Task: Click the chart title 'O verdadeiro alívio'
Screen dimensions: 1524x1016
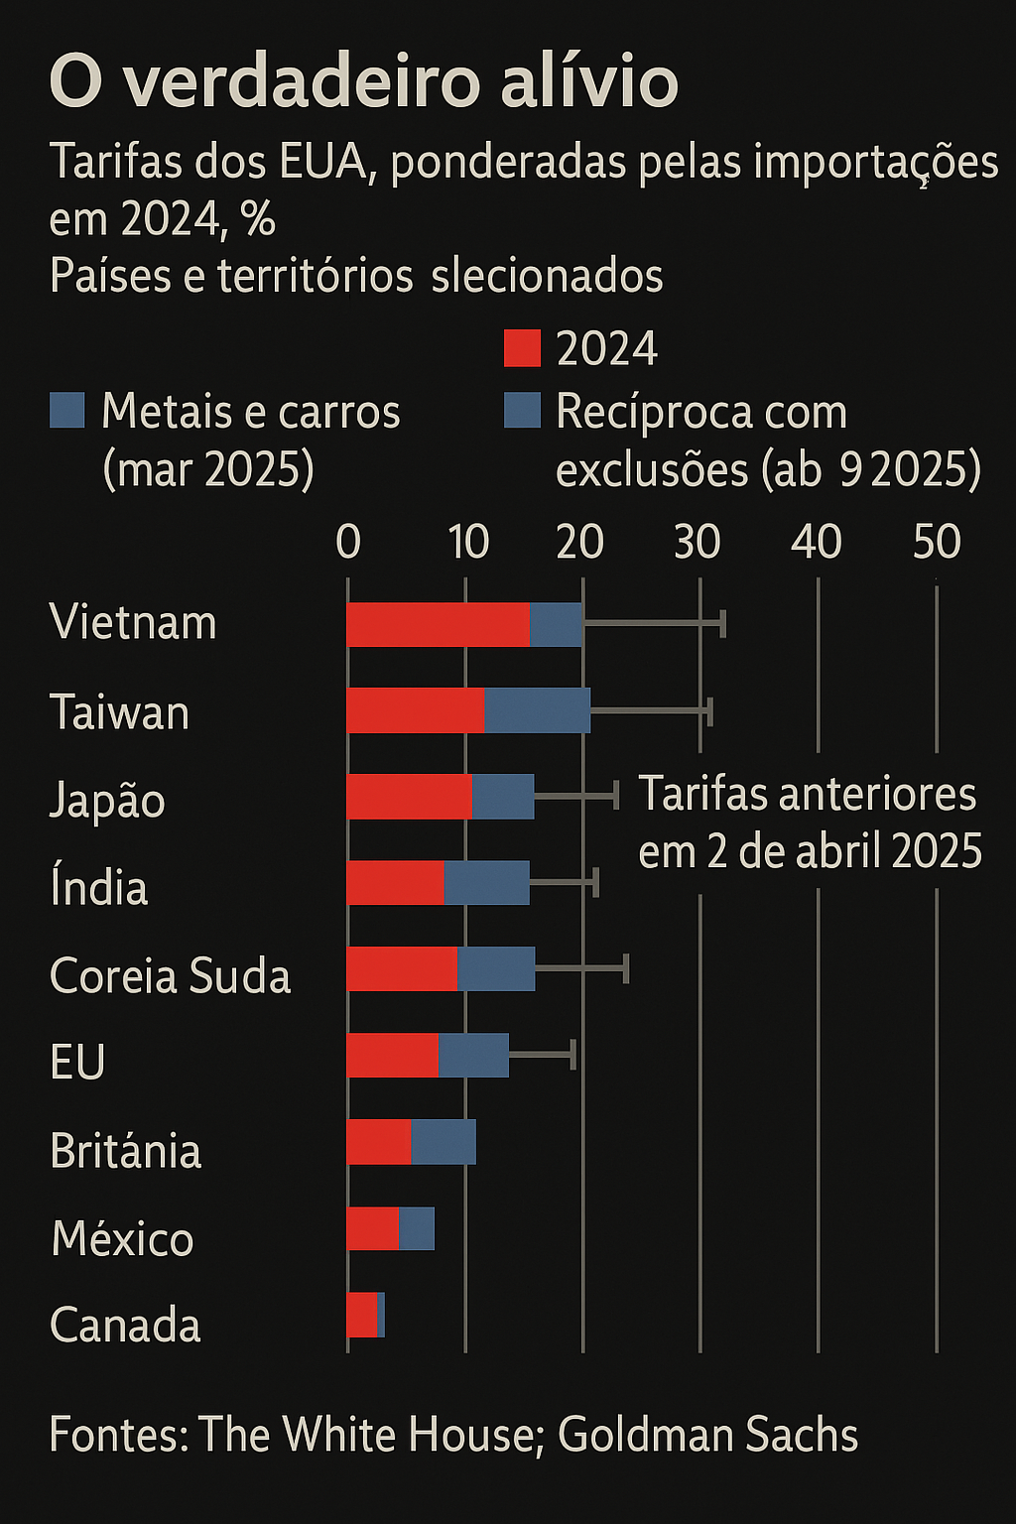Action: click(363, 82)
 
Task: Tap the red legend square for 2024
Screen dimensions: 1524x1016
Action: click(522, 348)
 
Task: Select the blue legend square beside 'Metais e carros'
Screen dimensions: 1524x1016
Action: click(67, 410)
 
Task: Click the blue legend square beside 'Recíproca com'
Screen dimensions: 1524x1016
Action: click(522, 410)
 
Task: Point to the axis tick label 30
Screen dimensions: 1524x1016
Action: click(698, 542)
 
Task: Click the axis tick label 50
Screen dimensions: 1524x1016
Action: click(937, 542)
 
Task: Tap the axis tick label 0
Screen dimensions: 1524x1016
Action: click(348, 542)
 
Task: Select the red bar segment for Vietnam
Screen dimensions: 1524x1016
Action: click(438, 624)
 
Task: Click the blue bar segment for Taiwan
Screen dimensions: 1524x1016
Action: click(537, 710)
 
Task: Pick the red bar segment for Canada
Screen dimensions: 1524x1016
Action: click(362, 1315)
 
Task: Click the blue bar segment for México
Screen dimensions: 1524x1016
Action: click(417, 1228)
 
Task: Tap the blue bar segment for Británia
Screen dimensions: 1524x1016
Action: click(444, 1141)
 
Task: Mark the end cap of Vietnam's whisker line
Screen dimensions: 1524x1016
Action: click(723, 623)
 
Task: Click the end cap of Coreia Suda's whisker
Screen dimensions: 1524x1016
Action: click(626, 968)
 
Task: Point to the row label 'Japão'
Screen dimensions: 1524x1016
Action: click(107, 800)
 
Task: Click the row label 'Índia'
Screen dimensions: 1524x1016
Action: click(99, 887)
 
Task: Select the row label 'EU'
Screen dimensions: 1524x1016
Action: click(77, 1062)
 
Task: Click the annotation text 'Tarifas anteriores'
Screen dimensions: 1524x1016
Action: click(807, 795)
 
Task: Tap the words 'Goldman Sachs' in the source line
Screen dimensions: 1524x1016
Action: click(707, 1435)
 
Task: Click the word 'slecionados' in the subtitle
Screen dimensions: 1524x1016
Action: click(547, 276)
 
